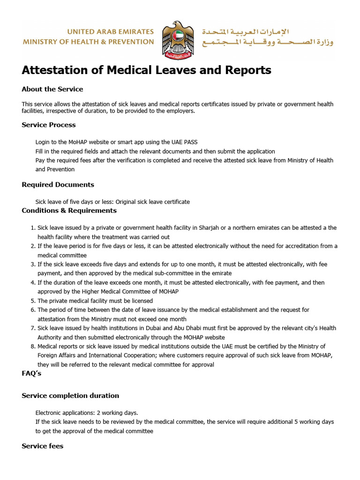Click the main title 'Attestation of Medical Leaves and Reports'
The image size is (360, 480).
click(146, 70)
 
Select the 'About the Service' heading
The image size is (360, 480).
click(52, 89)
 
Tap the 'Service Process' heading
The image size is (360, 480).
click(49, 125)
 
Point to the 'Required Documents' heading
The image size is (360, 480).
click(58, 185)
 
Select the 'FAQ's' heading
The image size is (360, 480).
click(31, 374)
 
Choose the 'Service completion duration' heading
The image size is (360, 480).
click(70, 396)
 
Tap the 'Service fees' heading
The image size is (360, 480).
click(43, 446)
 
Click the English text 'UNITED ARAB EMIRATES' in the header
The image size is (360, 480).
click(111, 32)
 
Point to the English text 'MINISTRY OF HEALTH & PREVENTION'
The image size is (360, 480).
click(89, 42)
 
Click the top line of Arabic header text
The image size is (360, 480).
click(245, 32)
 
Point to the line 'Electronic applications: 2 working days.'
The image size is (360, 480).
click(87, 413)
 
